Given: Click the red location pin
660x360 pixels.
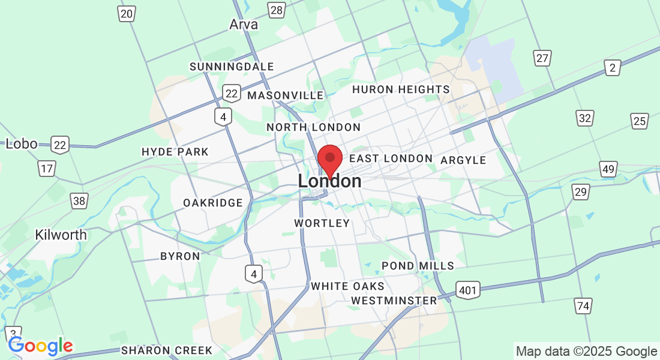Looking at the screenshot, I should pyautogui.click(x=329, y=160).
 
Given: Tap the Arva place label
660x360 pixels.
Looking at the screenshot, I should pyautogui.click(x=244, y=25).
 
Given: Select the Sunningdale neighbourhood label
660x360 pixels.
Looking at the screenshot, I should pyautogui.click(x=232, y=67).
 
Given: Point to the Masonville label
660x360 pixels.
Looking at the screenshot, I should pyautogui.click(x=285, y=95).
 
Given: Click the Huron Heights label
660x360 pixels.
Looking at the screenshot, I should pyautogui.click(x=401, y=89).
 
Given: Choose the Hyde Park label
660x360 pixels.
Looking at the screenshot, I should pyautogui.click(x=175, y=152).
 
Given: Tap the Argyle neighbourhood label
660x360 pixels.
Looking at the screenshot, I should pyautogui.click(x=463, y=160).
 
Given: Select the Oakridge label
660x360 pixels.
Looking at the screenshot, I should pyautogui.click(x=213, y=203).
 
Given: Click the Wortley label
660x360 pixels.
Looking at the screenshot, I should pyautogui.click(x=322, y=223).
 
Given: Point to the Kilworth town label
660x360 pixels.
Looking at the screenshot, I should pyautogui.click(x=61, y=235).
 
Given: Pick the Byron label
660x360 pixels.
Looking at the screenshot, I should pyautogui.click(x=180, y=256).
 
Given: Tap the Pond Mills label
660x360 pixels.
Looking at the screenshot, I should pyautogui.click(x=418, y=266).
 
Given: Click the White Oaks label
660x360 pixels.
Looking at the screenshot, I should pyautogui.click(x=347, y=286).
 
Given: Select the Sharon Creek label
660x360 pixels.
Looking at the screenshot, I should pyautogui.click(x=167, y=350).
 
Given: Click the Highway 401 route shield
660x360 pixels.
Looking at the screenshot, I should pyautogui.click(x=467, y=291).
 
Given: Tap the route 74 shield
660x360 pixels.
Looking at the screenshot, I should pyautogui.click(x=583, y=306).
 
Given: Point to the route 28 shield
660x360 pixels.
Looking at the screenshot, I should pyautogui.click(x=277, y=10).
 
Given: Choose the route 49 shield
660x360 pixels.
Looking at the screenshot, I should pyautogui.click(x=608, y=170).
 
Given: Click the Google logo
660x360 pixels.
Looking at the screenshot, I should pyautogui.click(x=40, y=346).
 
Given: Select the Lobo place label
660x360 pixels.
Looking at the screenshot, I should pyautogui.click(x=22, y=144).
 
